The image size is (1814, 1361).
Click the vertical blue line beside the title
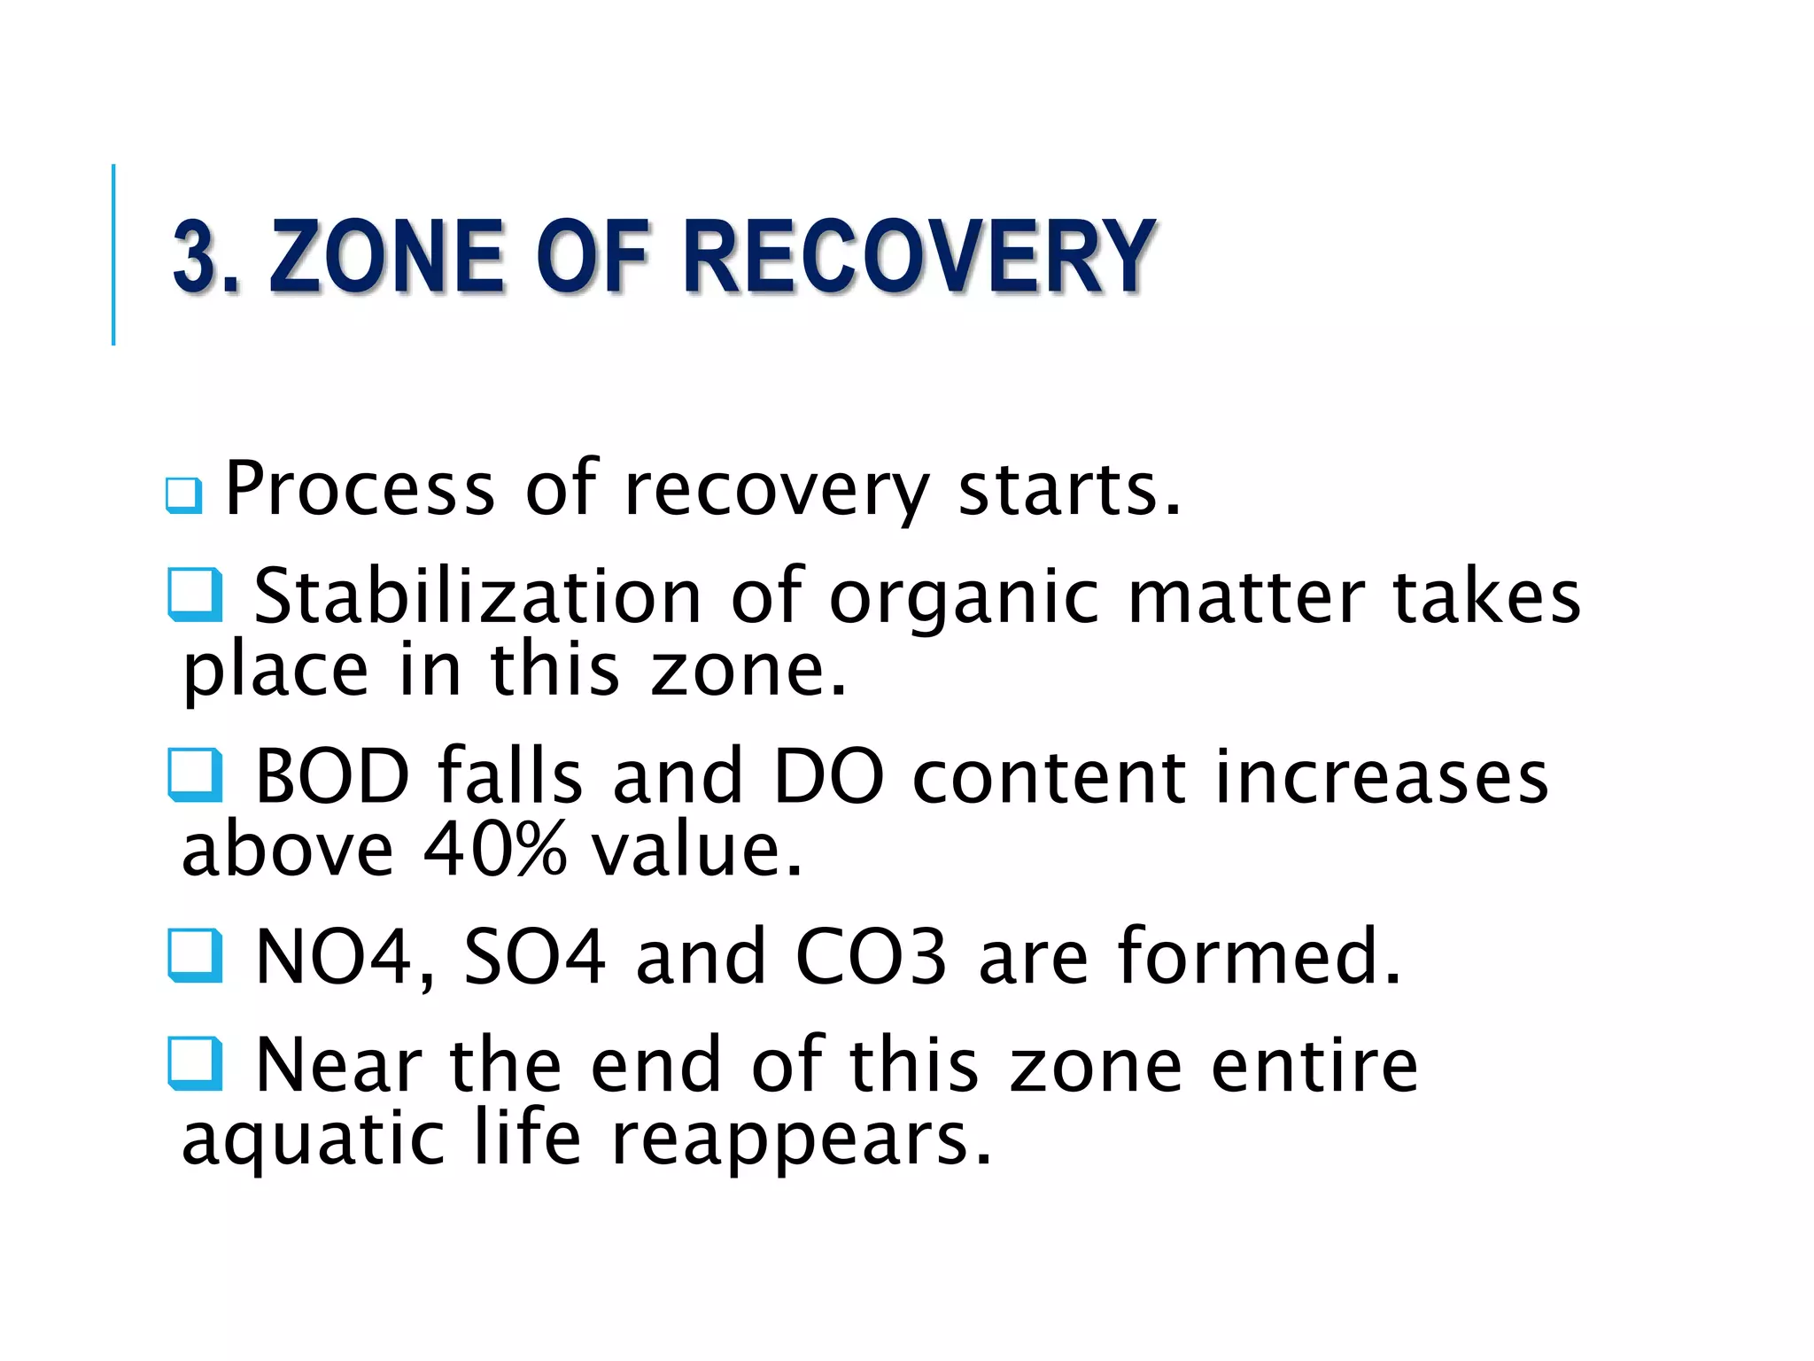coord(113,254)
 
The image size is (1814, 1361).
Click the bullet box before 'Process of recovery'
coord(184,495)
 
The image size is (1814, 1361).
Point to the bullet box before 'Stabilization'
coord(195,595)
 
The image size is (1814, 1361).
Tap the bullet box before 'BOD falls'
coord(195,775)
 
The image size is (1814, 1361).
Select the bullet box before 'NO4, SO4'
coord(195,955)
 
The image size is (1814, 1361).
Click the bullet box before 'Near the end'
coord(195,1063)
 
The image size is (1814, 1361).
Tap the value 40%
coord(494,849)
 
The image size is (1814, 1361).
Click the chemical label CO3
coord(872,957)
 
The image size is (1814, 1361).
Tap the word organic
coord(964,598)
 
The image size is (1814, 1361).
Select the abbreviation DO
coord(829,776)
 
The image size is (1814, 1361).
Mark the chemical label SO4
coord(535,957)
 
